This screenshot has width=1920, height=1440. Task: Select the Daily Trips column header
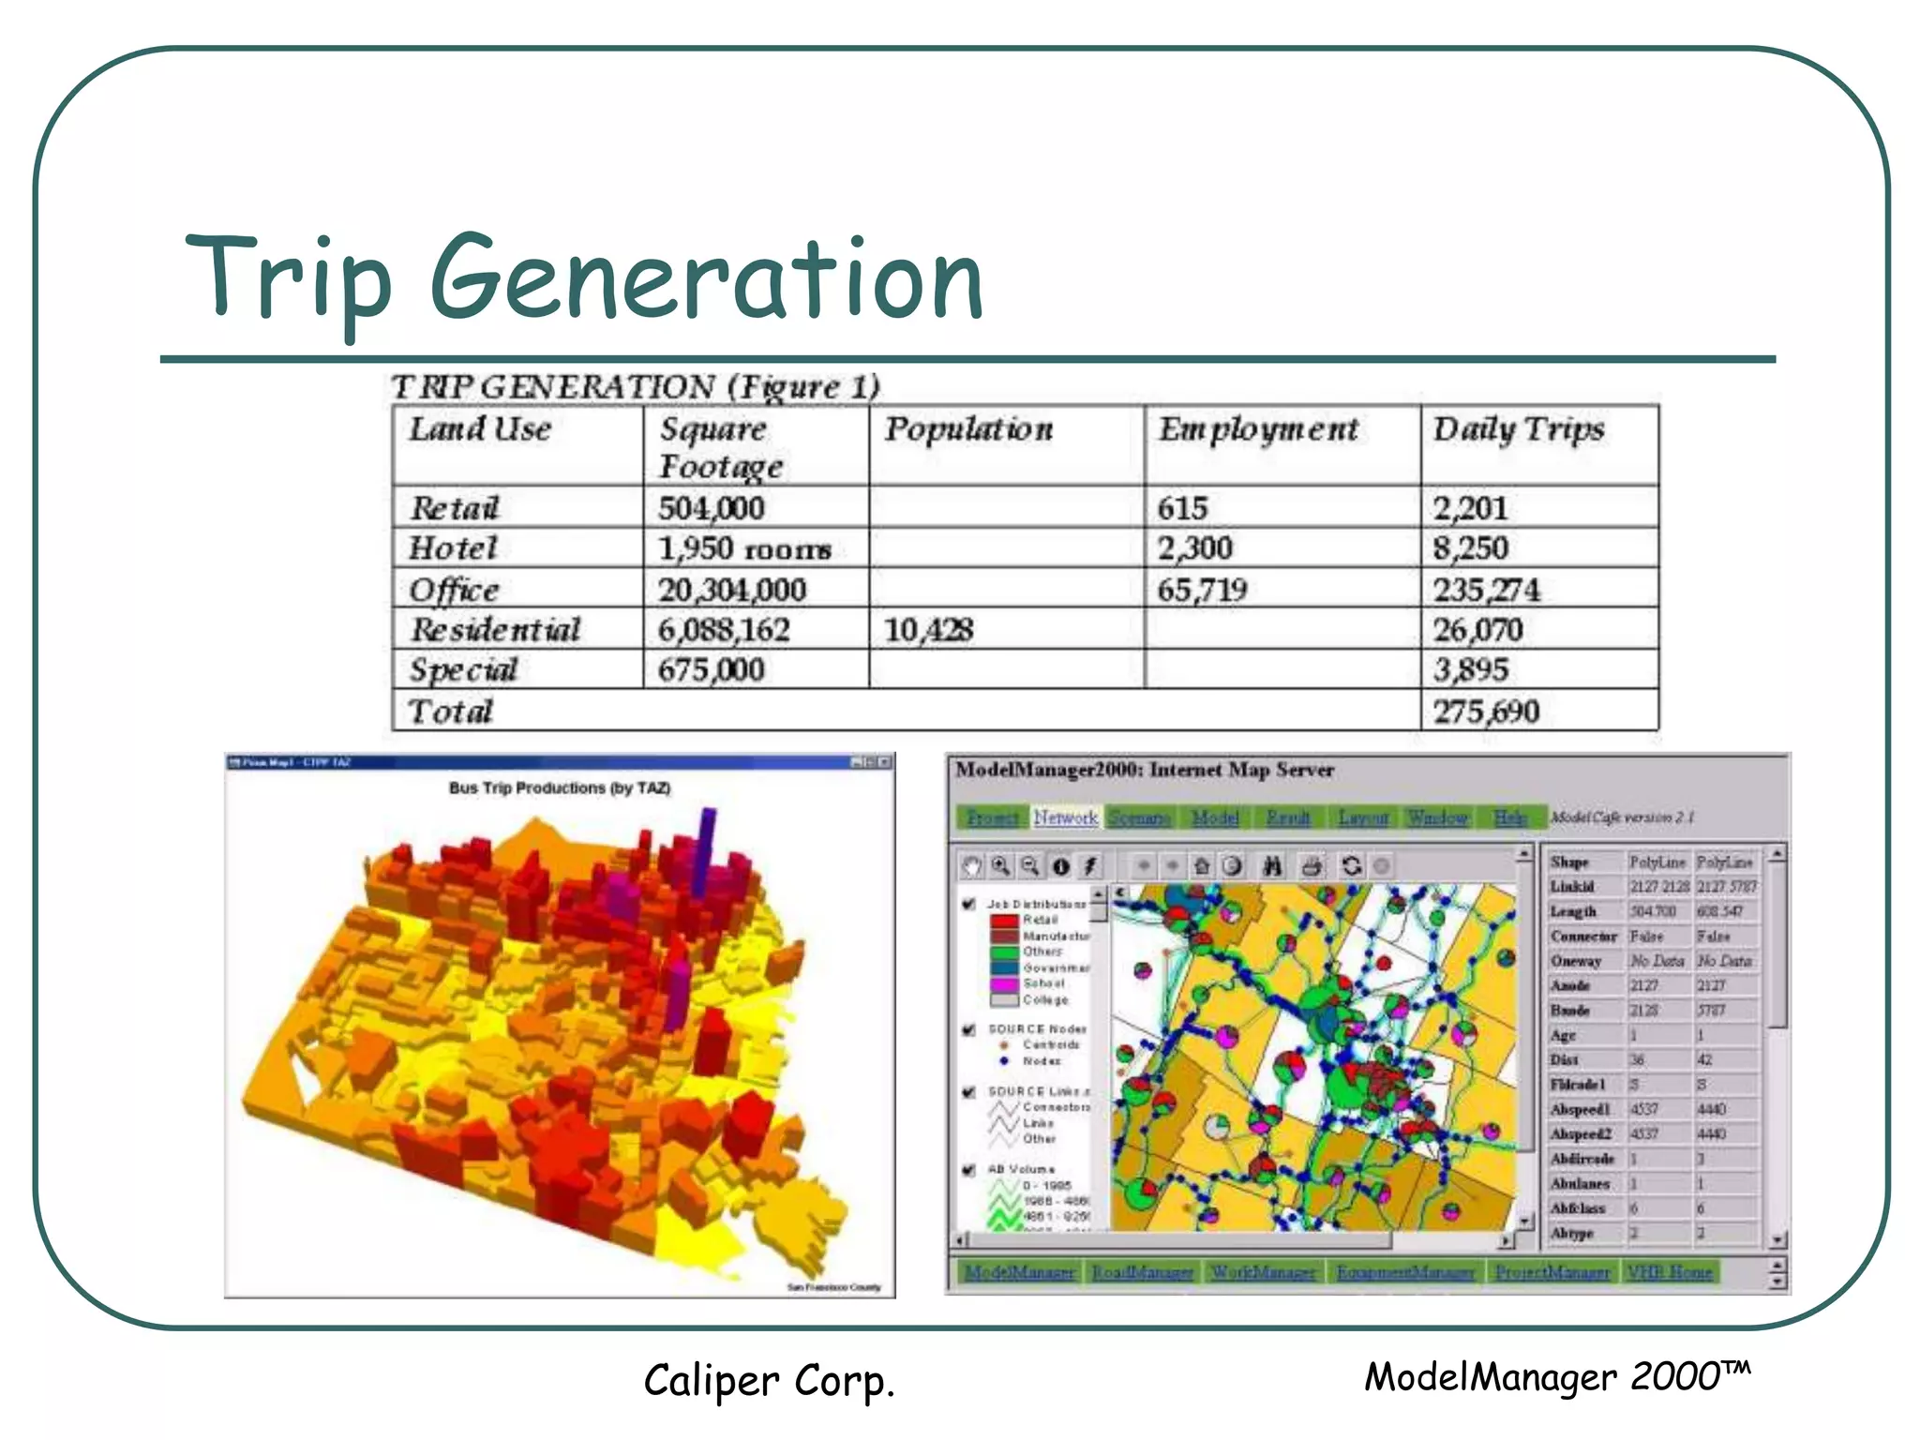click(x=1518, y=429)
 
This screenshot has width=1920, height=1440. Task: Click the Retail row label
click(x=455, y=508)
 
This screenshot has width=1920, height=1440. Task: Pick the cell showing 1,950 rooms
click(x=744, y=548)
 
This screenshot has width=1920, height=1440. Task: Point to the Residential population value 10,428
click(x=928, y=630)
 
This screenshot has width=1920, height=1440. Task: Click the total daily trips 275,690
click(x=1485, y=712)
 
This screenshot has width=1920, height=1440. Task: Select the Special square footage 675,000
click(x=711, y=670)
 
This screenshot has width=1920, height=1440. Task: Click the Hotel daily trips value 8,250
click(x=1470, y=548)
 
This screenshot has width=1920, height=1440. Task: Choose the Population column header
click(x=968, y=429)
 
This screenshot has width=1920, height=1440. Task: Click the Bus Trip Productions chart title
click(x=560, y=788)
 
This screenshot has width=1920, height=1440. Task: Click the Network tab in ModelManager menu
click(x=1066, y=817)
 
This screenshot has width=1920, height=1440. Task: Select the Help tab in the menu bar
click(x=1509, y=817)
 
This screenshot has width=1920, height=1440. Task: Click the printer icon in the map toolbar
click(x=1312, y=866)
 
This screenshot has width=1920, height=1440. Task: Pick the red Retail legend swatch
click(x=1003, y=921)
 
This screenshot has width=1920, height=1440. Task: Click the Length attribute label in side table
click(x=1572, y=911)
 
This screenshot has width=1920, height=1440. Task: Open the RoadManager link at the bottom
click(x=1142, y=1272)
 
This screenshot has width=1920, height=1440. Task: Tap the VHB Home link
click(x=1670, y=1272)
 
